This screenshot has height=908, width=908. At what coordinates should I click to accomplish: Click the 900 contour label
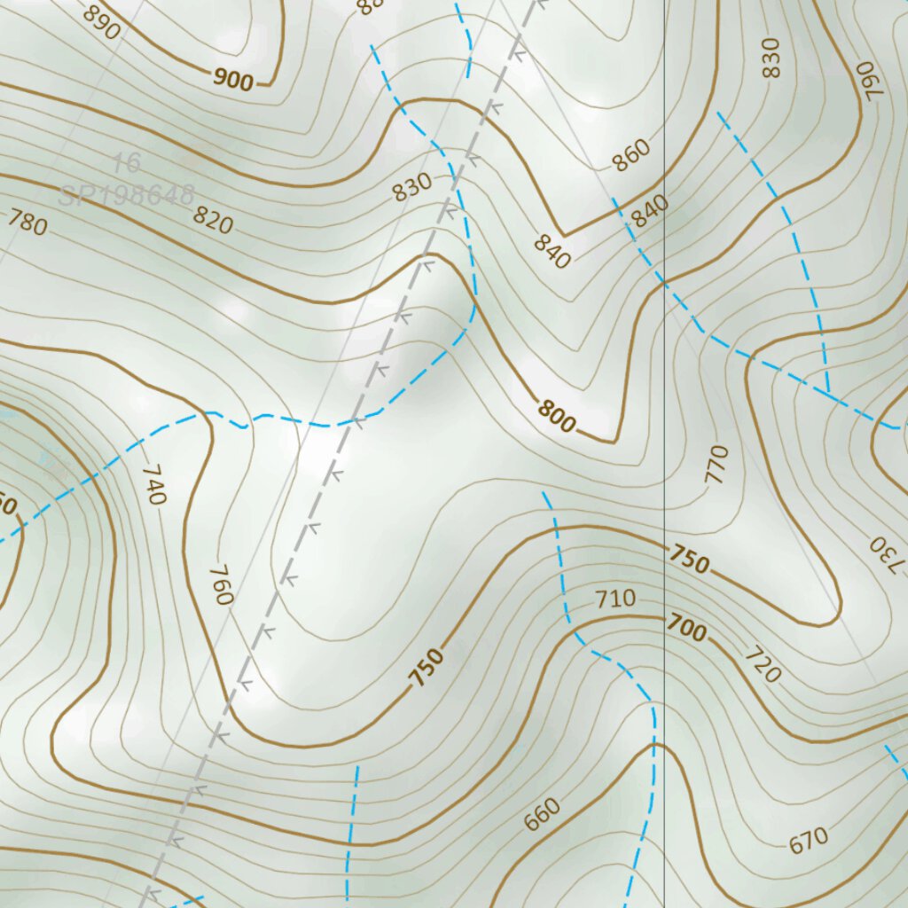(x=233, y=80)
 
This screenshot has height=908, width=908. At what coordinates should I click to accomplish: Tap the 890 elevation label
(x=102, y=22)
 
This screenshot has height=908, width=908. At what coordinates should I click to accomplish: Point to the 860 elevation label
(x=630, y=154)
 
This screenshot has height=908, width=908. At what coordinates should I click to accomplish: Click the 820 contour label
(x=214, y=218)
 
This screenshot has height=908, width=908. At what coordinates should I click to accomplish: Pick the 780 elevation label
(x=27, y=223)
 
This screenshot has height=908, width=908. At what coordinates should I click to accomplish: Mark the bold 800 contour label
(x=556, y=416)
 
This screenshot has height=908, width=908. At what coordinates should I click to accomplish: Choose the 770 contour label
(x=716, y=464)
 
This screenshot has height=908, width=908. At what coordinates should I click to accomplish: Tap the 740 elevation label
(x=153, y=484)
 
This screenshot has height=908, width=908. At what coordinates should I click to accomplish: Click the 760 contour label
(x=221, y=584)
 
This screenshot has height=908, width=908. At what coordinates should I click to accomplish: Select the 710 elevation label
(x=615, y=599)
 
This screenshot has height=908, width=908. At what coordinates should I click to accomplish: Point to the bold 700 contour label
(x=687, y=630)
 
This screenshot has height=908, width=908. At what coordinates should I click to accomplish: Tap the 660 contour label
(x=542, y=814)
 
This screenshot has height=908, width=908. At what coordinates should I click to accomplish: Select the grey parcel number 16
(x=128, y=163)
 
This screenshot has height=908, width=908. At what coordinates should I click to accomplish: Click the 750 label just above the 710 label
(x=689, y=560)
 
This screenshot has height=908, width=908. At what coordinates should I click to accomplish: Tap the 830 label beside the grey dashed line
(x=412, y=186)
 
